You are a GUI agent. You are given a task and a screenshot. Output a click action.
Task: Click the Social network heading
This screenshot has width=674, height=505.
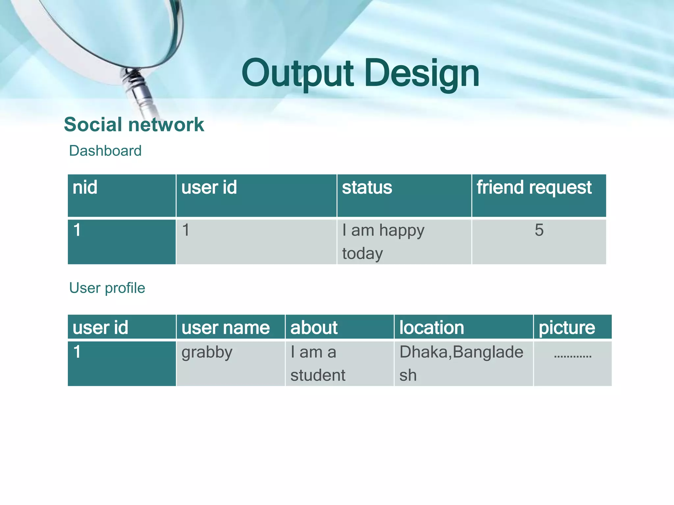coord(134,125)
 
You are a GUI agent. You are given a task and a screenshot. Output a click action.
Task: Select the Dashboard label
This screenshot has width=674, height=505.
coord(105,151)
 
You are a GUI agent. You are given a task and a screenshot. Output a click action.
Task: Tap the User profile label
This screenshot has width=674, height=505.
coord(107,288)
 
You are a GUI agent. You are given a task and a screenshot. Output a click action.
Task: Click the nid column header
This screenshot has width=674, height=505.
coord(85,188)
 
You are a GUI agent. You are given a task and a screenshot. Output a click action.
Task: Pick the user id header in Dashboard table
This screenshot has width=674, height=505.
coord(209,188)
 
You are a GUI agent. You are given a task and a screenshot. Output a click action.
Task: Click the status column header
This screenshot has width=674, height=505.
coord(367,188)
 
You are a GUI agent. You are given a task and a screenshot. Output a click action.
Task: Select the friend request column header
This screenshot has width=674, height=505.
coord(534,188)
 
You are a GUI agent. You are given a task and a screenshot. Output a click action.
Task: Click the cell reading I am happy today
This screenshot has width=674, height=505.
coord(383,242)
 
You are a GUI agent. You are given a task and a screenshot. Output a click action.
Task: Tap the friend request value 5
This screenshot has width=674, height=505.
coord(539,230)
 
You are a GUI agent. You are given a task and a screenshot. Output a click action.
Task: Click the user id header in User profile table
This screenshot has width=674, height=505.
coord(100,328)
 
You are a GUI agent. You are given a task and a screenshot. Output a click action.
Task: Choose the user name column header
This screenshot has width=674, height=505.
coord(225,328)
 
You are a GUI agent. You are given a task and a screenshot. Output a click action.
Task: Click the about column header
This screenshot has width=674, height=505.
coord(314,328)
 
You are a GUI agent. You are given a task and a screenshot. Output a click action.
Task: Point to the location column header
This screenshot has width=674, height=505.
coord(431,328)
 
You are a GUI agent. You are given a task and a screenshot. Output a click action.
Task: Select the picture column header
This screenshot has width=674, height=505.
coord(567,328)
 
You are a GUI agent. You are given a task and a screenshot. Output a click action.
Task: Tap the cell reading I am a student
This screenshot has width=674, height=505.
coord(318,364)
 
